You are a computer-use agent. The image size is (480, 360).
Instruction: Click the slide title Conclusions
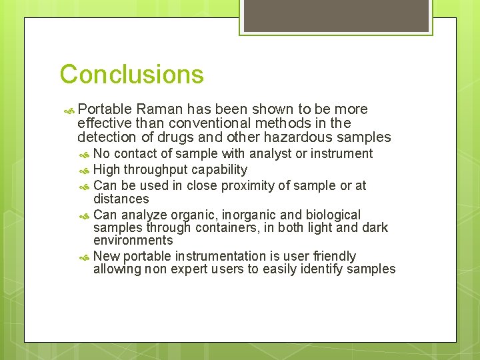pyautogui.click(x=131, y=74)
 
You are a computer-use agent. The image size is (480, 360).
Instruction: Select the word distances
pyautogui.click(x=121, y=199)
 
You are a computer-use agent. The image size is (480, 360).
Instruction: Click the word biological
pyautogui.click(x=333, y=215)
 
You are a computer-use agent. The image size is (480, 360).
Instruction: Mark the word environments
pyautogui.click(x=133, y=241)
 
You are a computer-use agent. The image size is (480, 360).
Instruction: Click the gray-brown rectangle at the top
pyautogui.click(x=335, y=15)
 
